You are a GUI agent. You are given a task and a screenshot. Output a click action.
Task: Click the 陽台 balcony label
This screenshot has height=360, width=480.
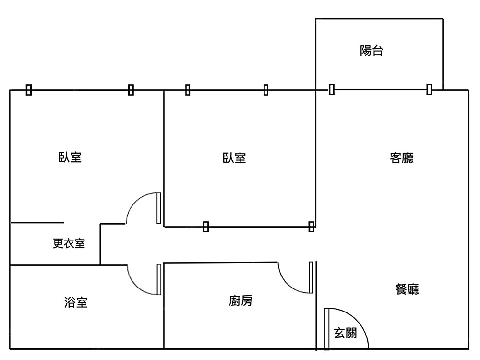(x=372, y=51)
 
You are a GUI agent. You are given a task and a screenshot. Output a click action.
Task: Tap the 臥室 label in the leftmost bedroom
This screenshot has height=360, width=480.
(x=70, y=157)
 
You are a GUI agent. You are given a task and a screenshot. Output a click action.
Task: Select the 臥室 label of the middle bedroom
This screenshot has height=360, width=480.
(x=234, y=158)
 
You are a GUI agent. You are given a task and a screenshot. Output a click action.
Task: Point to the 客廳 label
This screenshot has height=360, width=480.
(x=402, y=158)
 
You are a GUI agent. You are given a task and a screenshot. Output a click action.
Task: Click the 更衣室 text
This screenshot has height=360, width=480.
(x=69, y=244)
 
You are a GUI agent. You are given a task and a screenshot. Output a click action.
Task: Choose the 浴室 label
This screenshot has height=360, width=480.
(x=76, y=302)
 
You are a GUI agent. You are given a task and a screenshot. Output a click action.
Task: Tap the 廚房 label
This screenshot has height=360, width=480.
(x=240, y=301)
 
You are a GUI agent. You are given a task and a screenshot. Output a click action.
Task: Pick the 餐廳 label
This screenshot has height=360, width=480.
(x=407, y=289)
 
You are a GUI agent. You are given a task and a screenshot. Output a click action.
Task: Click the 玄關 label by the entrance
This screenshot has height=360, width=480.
(x=345, y=333)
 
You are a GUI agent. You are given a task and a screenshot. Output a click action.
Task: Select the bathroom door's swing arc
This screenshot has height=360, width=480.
(x=134, y=285)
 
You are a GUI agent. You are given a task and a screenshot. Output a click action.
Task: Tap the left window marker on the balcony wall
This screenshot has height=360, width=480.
(x=332, y=89)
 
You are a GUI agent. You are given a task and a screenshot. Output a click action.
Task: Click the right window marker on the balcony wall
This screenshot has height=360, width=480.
(x=429, y=89)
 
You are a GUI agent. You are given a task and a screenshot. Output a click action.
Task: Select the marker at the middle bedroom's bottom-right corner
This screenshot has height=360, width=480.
(x=311, y=226)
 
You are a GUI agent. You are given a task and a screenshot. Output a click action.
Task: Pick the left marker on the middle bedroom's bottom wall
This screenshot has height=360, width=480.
(x=206, y=227)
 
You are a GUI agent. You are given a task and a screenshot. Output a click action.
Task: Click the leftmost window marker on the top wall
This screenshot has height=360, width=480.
(x=29, y=90)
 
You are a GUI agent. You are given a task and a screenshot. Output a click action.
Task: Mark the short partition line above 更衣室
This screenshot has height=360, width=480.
(x=37, y=223)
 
